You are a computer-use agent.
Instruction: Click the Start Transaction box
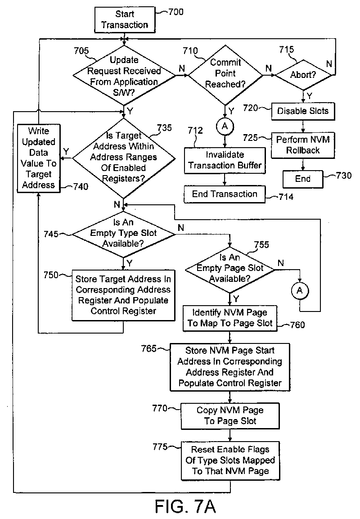tap(125, 19)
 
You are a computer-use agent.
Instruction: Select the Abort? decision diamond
tap(303, 75)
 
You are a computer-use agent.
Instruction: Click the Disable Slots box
tap(303, 111)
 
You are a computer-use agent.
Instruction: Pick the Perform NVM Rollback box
tap(303, 145)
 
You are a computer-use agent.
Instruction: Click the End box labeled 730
tap(303, 179)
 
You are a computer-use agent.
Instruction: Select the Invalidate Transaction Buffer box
tap(225, 160)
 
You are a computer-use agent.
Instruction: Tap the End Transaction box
tap(225, 194)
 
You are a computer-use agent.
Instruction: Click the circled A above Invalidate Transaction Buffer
tap(225, 126)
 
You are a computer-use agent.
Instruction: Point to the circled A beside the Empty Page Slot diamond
tap(300, 291)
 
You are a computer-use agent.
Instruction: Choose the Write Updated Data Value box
tap(39, 158)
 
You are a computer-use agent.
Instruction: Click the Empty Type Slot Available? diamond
tap(123, 233)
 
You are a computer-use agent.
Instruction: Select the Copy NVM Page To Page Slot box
tap(230, 416)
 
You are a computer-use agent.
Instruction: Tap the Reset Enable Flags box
tap(230, 460)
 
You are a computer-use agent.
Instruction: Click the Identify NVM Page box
tap(230, 318)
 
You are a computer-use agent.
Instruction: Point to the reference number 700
tap(175, 12)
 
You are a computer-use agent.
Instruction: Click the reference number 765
tap(149, 348)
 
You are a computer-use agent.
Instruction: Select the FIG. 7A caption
tap(185, 506)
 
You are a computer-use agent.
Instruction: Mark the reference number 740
tap(81, 187)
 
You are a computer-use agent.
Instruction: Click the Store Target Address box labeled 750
tap(123, 295)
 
